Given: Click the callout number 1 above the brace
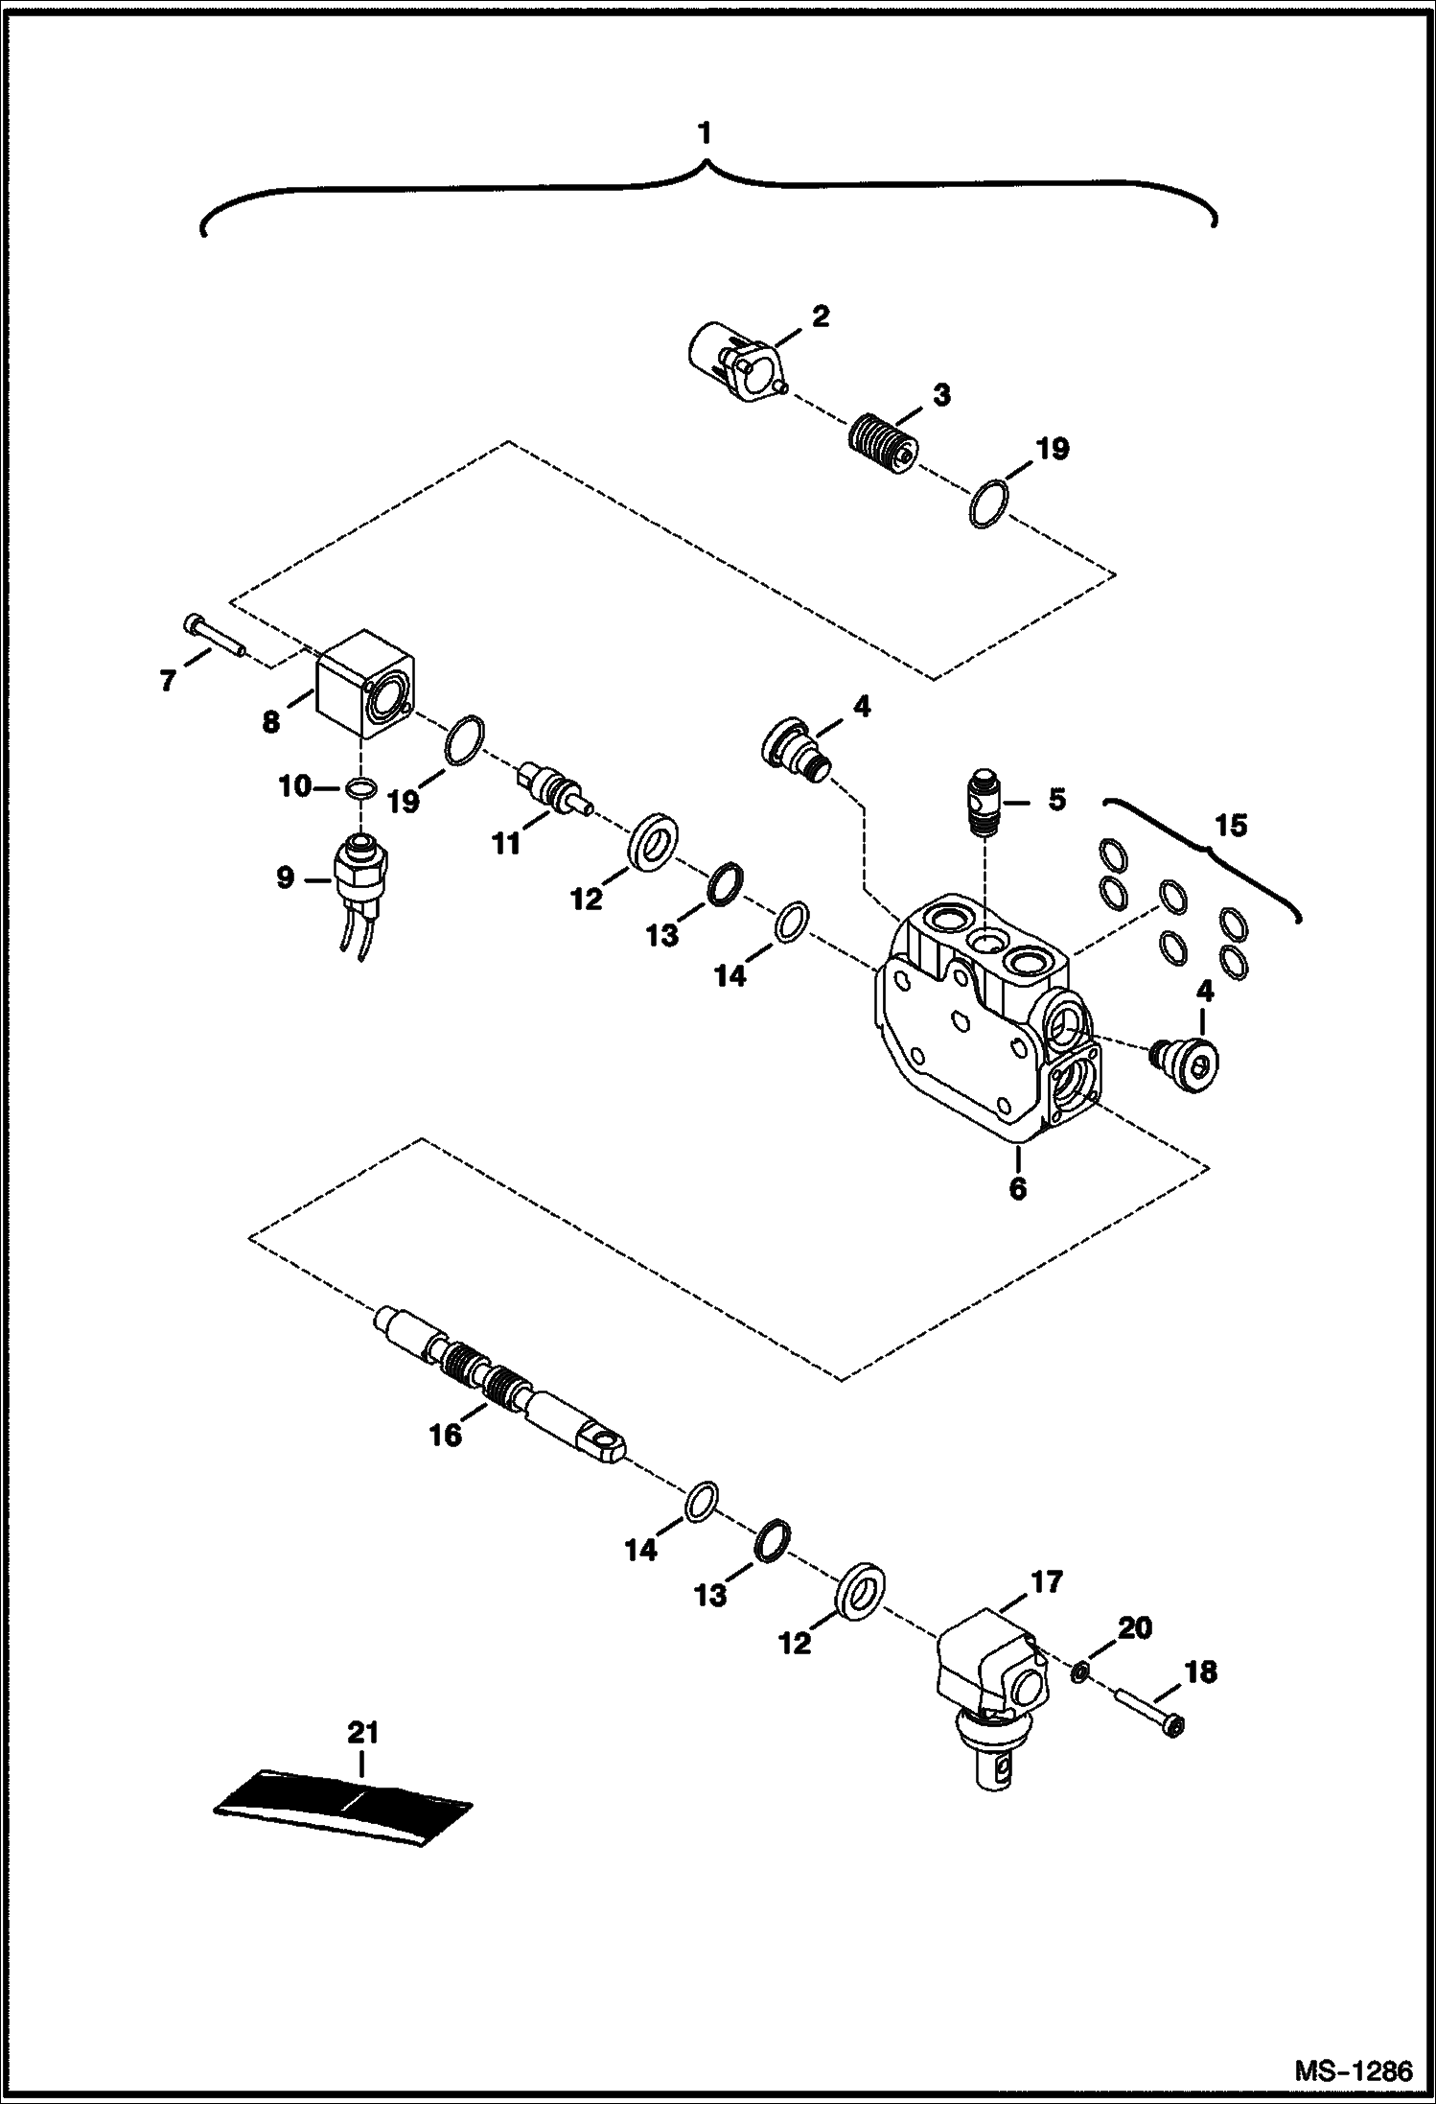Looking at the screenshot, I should [x=706, y=133].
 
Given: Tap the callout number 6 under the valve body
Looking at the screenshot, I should [x=1017, y=1188].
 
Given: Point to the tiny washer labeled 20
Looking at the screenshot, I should [x=1078, y=1672].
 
